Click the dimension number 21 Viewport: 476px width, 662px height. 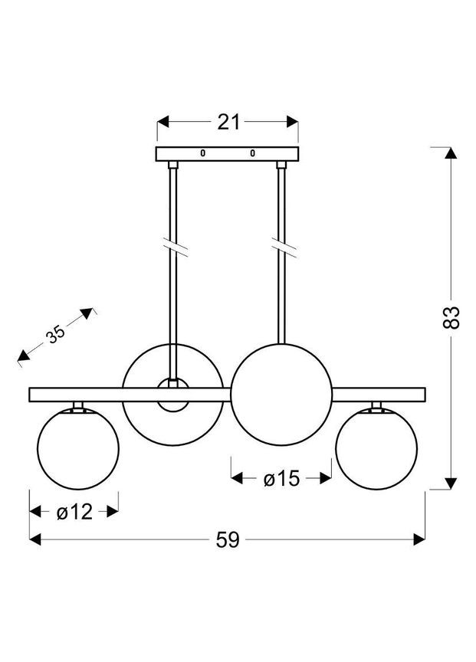(228, 122)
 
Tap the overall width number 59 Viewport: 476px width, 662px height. (228, 539)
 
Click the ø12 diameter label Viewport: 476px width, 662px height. (74, 511)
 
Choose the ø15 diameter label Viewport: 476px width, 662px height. (281, 480)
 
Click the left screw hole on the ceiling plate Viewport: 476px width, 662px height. (203, 154)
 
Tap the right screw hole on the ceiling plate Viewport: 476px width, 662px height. (253, 154)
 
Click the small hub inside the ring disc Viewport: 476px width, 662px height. (173, 395)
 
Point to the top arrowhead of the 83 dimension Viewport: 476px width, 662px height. (451, 152)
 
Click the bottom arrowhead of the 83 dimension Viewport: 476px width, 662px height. (451, 483)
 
